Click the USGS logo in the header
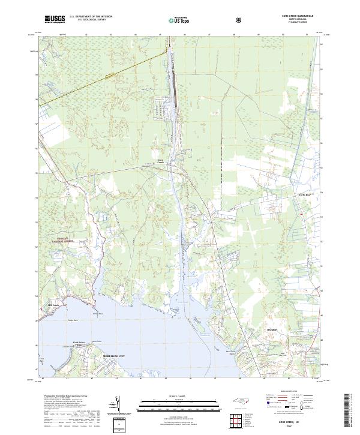point(55,20)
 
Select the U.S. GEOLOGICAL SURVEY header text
point(91,20)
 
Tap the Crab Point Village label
point(80,345)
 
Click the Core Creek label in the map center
point(160,162)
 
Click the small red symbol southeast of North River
point(300,214)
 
